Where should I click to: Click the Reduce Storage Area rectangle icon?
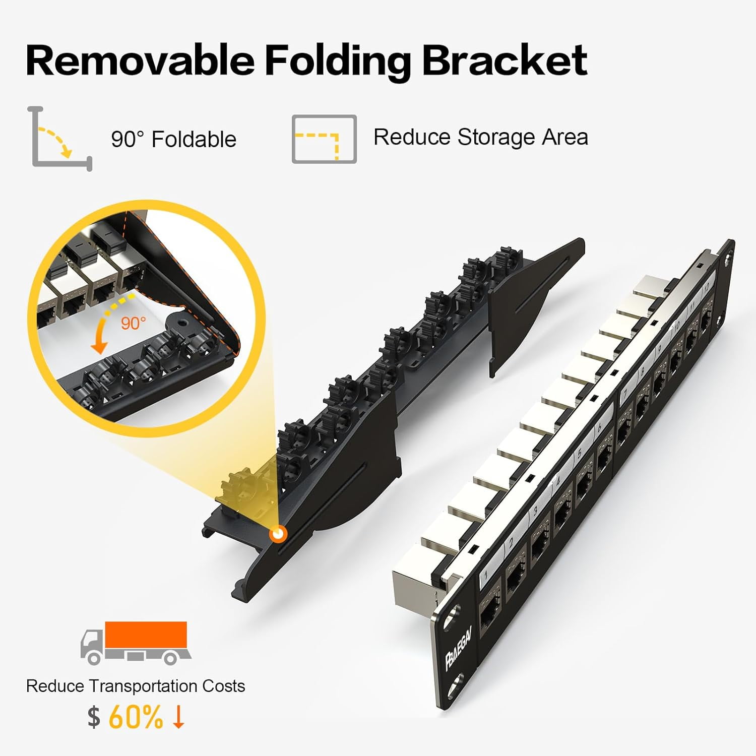(x=324, y=139)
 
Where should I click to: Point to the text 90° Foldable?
(x=173, y=139)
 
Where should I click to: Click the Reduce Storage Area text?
(x=480, y=137)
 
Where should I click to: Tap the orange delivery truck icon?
(x=135, y=642)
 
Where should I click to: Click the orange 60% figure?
(x=136, y=717)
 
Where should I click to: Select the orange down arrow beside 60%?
(x=178, y=717)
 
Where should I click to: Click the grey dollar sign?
(x=94, y=717)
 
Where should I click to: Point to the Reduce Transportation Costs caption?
(x=135, y=686)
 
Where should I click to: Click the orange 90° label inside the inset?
(x=133, y=323)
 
